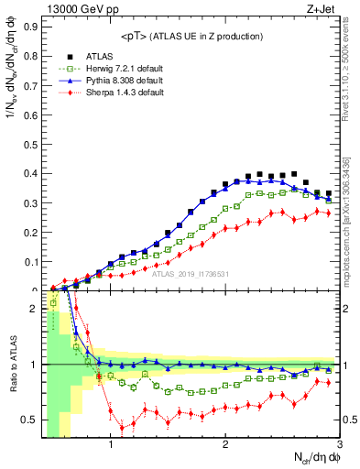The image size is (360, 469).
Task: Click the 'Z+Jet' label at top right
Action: [323, 8]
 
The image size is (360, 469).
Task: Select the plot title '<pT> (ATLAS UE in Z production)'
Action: [185, 36]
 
